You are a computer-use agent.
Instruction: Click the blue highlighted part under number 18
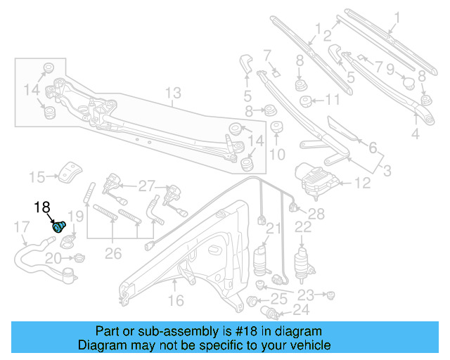59,226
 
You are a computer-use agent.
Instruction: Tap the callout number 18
43,207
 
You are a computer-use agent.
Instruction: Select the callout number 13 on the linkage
173,92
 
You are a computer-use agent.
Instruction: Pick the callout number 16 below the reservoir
176,300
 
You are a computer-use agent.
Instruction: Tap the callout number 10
277,153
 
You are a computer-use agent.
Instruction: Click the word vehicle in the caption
309,345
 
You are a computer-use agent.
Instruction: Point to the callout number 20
53,259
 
